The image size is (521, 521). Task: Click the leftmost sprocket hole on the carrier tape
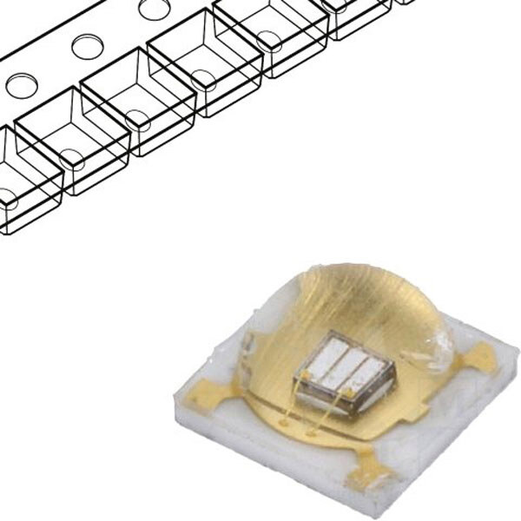point(21,85)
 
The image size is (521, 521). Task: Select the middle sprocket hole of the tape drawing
point(88,46)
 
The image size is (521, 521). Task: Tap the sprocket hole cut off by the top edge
point(155,9)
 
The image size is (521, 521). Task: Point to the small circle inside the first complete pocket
point(69,158)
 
